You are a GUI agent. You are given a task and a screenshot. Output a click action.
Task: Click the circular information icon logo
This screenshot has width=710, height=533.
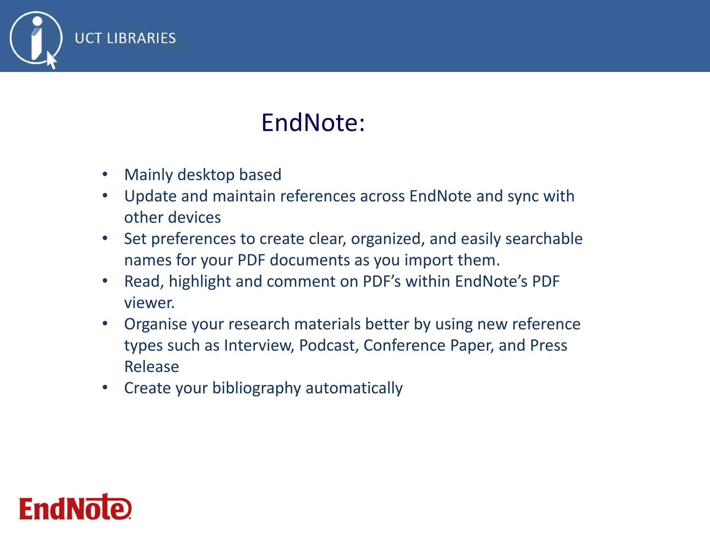pyautogui.click(x=36, y=38)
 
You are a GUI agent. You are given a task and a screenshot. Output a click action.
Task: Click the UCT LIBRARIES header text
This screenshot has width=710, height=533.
pyautogui.click(x=125, y=38)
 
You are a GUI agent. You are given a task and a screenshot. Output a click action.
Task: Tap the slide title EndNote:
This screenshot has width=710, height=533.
pyautogui.click(x=313, y=122)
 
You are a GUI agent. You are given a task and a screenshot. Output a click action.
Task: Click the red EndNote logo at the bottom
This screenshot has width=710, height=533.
pyautogui.click(x=75, y=508)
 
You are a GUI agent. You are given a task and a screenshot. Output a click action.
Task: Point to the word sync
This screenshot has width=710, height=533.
pyautogui.click(x=523, y=196)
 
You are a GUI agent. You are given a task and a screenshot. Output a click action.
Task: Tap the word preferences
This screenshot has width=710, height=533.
pyautogui.click(x=193, y=239)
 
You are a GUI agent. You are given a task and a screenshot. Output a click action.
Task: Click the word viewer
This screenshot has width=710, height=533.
pyautogui.click(x=149, y=303)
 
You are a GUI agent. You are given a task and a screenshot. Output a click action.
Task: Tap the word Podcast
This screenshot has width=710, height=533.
pyautogui.click(x=329, y=346)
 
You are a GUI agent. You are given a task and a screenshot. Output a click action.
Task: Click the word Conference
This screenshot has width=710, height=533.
pyautogui.click(x=404, y=346)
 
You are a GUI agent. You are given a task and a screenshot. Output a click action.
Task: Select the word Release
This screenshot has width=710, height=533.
pyautogui.click(x=151, y=367)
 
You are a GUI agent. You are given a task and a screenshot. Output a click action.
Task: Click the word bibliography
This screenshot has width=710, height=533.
pyautogui.click(x=257, y=388)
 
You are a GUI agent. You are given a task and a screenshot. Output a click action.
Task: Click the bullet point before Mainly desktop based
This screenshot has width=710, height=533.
pyautogui.click(x=105, y=174)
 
